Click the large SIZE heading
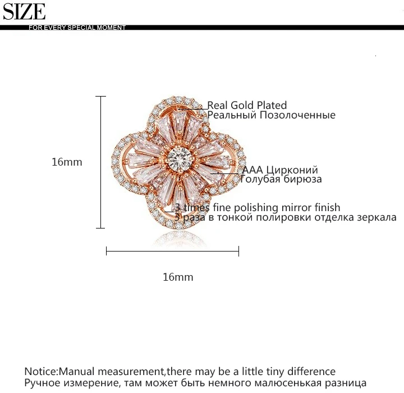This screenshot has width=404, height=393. [x=24, y=12]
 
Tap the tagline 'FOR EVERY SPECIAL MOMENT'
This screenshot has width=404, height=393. [x=77, y=28]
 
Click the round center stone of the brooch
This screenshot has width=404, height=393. [x=180, y=158]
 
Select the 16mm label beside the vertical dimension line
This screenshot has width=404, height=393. [x=67, y=162]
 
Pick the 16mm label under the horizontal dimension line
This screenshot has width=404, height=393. [x=178, y=277]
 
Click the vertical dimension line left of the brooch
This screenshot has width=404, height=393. [x=100, y=162]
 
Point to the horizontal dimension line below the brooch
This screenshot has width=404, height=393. [x=173, y=251]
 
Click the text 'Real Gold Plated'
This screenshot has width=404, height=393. [x=247, y=105]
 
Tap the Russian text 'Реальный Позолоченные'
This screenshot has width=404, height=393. [x=272, y=115]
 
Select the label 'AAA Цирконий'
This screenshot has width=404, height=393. [x=280, y=170]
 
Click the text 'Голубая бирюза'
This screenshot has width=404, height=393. [x=281, y=179]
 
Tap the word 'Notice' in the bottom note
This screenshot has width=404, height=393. [x=40, y=372]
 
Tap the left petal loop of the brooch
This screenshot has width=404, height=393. [x=119, y=161]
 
